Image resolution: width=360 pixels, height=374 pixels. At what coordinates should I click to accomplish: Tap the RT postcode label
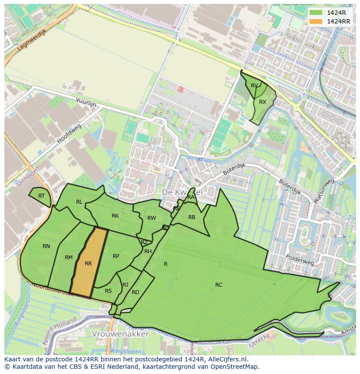coord(41,196)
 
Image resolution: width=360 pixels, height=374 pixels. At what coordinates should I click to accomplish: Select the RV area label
coord(254,86)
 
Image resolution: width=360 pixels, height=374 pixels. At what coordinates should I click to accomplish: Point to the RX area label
coord(263,102)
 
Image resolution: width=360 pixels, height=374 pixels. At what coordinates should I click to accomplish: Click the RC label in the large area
coord(219,285)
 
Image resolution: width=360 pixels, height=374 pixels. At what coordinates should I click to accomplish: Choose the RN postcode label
coord(46,246)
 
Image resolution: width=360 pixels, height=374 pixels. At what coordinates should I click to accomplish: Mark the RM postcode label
coord(69,258)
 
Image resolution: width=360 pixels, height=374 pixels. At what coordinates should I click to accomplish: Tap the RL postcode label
coord(79,202)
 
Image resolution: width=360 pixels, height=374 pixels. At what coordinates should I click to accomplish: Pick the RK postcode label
coord(115,216)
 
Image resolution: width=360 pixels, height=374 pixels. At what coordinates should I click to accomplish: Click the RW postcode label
coord(151,218)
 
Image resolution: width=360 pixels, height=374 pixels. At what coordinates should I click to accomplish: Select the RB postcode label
coord(192,217)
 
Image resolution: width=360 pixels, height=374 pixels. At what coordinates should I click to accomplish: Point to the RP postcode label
coord(116,256)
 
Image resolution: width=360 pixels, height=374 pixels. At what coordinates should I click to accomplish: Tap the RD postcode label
coord(135,292)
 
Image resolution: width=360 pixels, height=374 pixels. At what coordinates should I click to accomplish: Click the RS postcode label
coord(108,291)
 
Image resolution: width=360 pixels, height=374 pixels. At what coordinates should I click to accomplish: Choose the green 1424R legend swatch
coord(317,13)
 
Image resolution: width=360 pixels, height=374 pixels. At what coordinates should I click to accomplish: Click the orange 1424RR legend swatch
coord(317,21)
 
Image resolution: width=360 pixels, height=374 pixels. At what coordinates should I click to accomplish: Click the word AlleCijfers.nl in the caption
coord(228,359)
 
